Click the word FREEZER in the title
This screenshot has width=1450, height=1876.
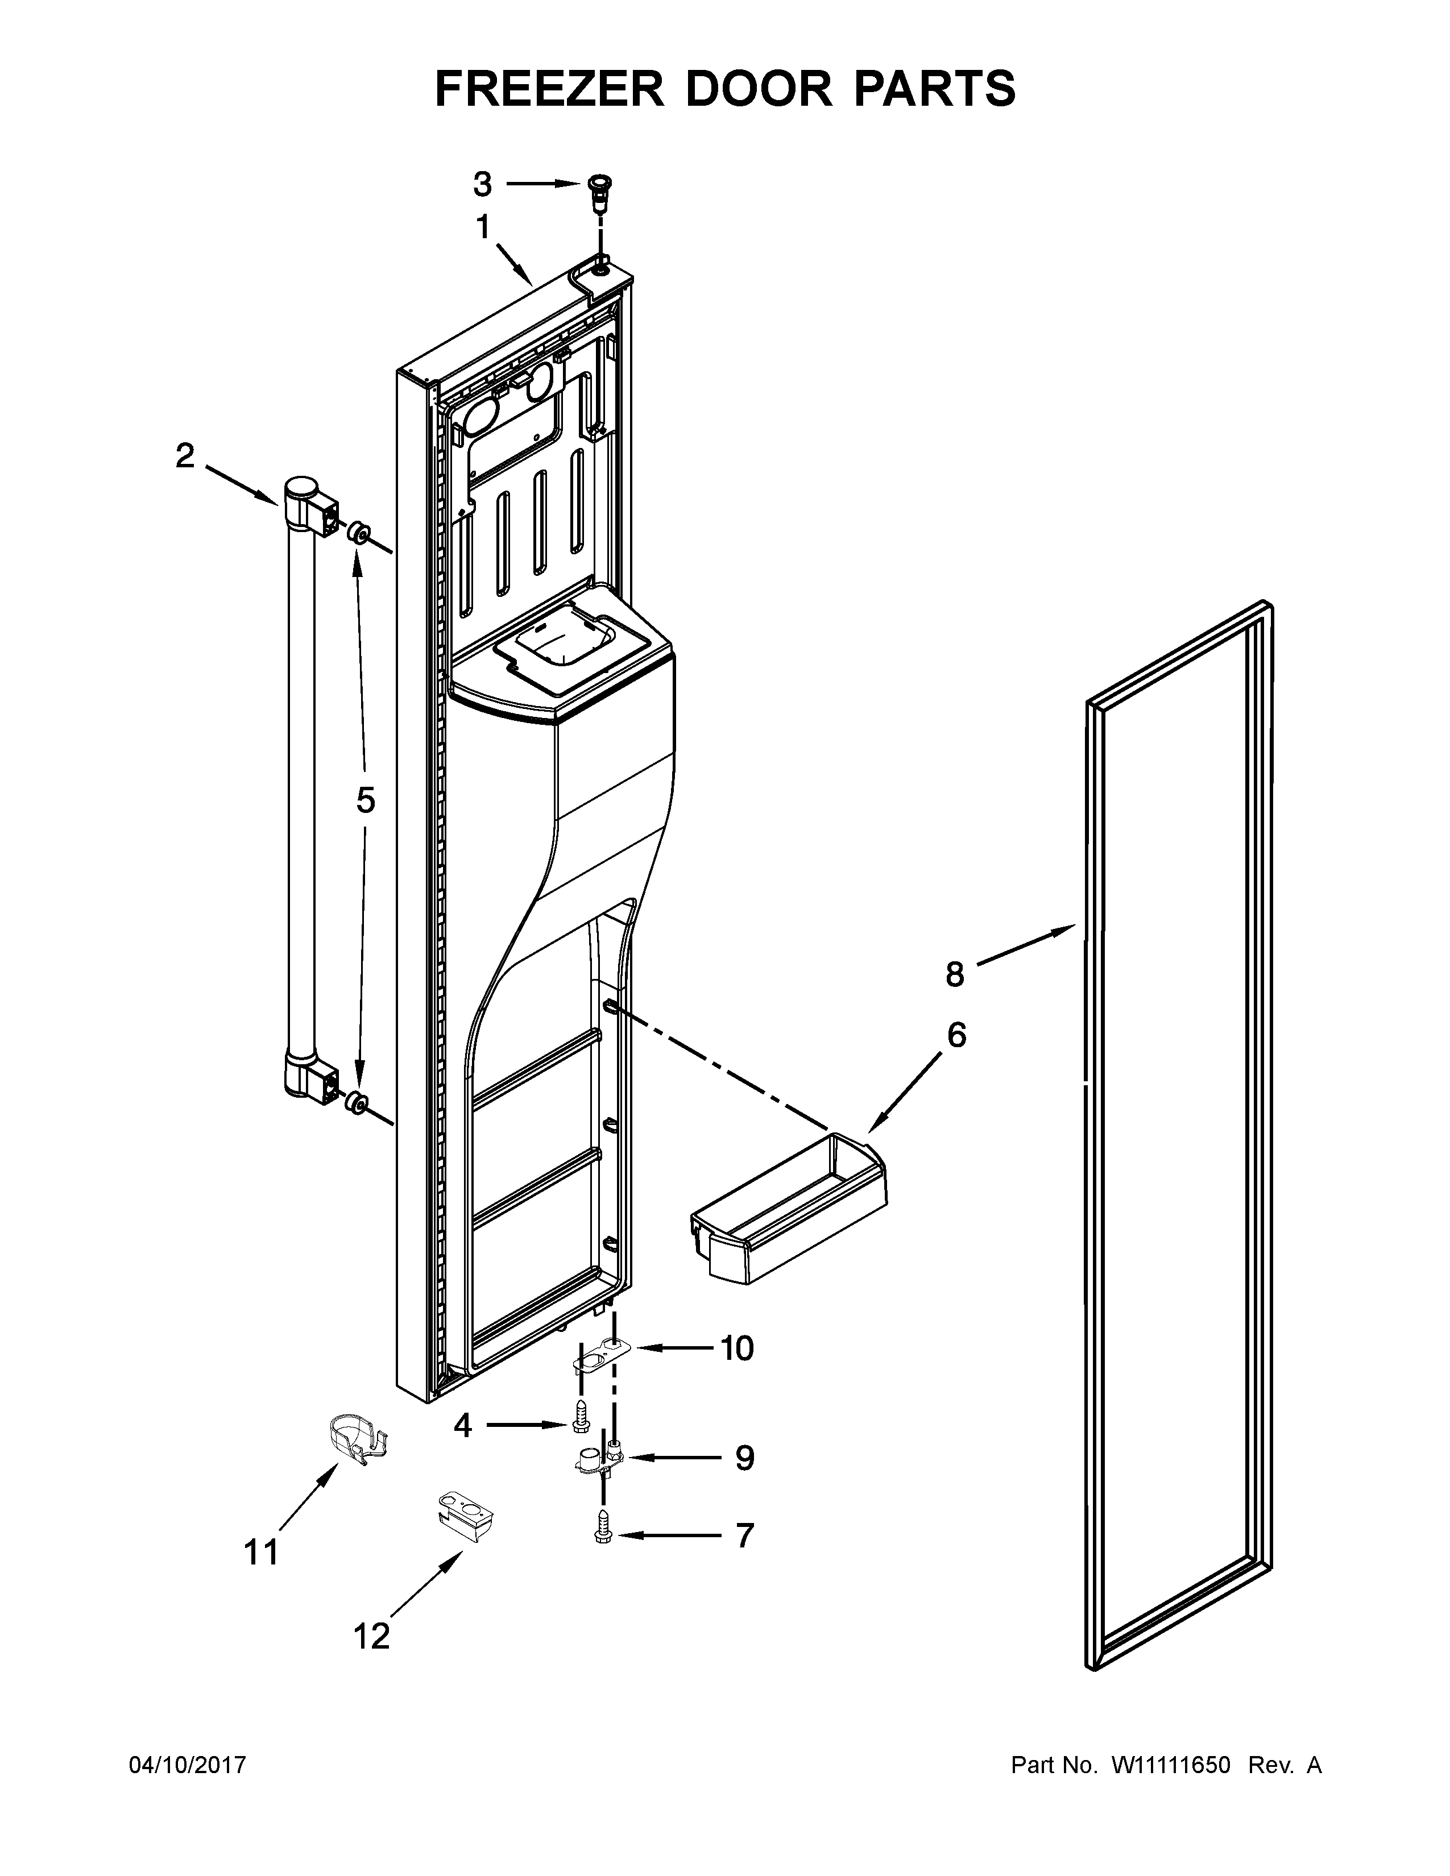[x=550, y=89]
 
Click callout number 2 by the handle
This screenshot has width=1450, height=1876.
[x=185, y=456]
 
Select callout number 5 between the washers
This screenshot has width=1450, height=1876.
[x=366, y=800]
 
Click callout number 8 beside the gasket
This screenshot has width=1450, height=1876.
[x=954, y=974]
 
